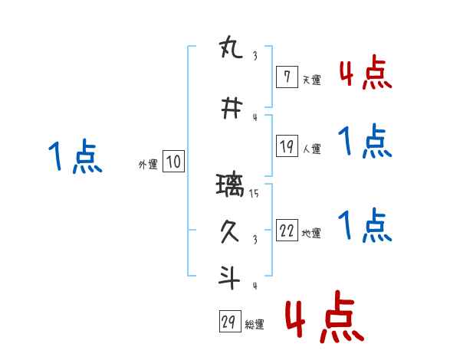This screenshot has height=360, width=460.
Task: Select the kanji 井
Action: pyautogui.click(x=232, y=109)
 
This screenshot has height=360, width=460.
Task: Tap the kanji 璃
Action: pyautogui.click(x=232, y=185)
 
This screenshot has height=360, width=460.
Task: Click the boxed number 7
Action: pyautogui.click(x=287, y=77)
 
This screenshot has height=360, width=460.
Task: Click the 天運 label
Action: pyautogui.click(x=311, y=79)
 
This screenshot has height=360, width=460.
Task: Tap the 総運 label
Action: pyautogui.click(x=255, y=325)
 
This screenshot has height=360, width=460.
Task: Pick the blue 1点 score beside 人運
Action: pyautogui.click(x=365, y=142)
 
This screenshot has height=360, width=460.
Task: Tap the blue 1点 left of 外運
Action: pyautogui.click(x=75, y=157)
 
